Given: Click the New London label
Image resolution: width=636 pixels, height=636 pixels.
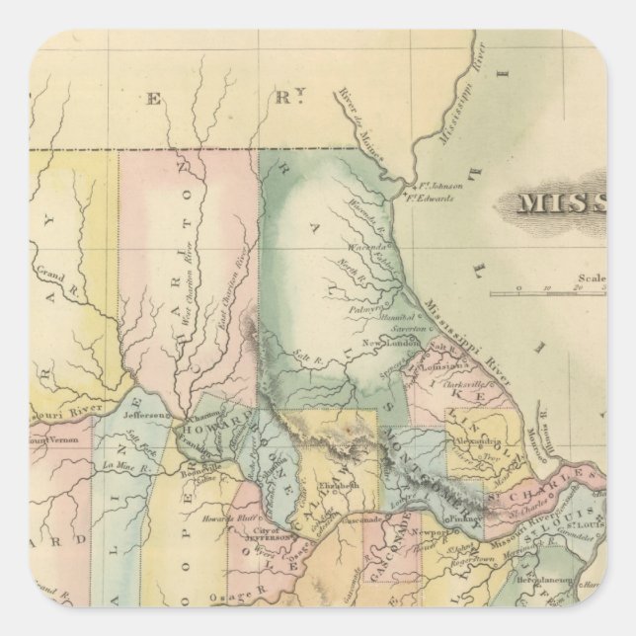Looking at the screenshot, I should [x=383, y=343].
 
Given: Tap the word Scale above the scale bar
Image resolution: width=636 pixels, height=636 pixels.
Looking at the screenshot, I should [x=593, y=278].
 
